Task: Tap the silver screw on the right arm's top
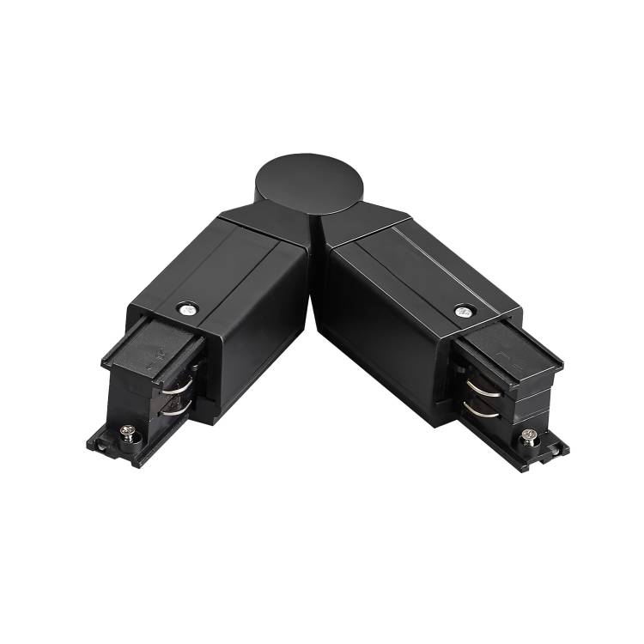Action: pos(464,310)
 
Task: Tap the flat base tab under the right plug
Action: pos(550,447)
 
